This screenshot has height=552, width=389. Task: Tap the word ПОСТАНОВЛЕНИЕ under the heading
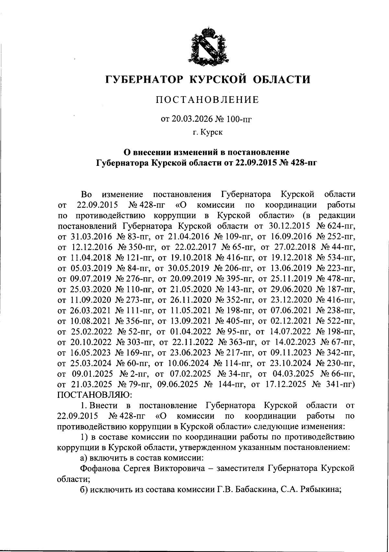pyautogui.click(x=207, y=100)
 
